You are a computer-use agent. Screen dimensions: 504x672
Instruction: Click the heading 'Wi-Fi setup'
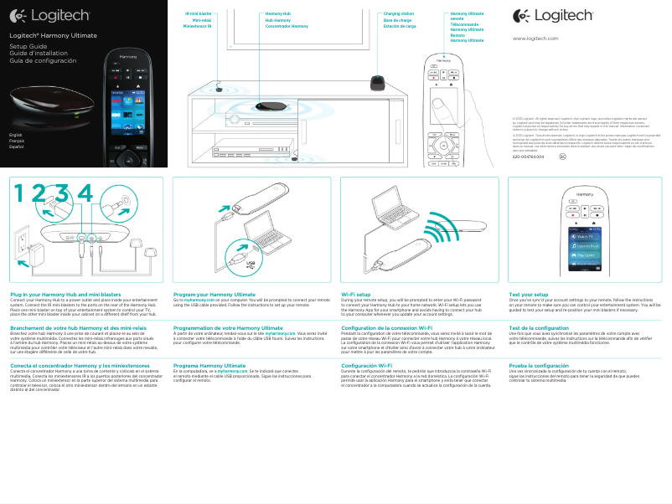pos(356,295)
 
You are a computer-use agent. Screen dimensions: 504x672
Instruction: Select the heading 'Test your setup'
pos(529,295)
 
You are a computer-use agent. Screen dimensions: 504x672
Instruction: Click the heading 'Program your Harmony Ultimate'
pos(214,295)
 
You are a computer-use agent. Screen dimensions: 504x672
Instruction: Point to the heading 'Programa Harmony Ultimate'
pos(209,366)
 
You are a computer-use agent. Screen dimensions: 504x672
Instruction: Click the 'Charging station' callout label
pos(398,14)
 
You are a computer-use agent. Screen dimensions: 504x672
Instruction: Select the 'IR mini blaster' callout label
pos(198,14)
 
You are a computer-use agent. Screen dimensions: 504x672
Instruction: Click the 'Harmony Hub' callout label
pos(278,14)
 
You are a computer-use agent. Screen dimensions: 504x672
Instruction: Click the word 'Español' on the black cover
pos(17,147)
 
